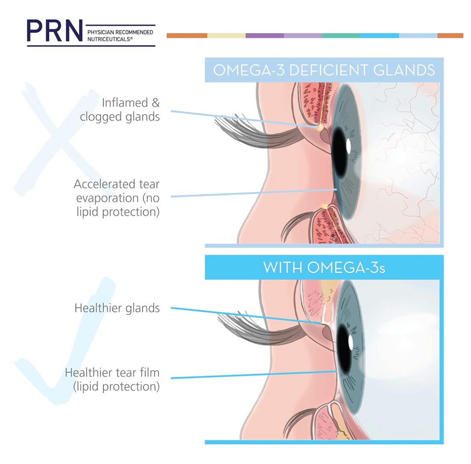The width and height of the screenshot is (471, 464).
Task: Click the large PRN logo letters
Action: point(55,30)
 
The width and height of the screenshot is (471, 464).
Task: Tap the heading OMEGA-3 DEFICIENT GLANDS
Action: point(324,70)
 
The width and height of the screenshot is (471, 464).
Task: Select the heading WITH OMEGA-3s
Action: point(324,267)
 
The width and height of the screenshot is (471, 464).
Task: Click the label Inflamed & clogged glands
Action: point(120,110)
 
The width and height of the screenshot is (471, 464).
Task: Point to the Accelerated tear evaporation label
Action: point(116,198)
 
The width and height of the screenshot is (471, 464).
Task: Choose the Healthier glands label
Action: point(117,308)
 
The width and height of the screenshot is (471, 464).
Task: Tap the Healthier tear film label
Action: point(112,380)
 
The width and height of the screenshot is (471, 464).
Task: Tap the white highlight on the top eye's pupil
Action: point(349,146)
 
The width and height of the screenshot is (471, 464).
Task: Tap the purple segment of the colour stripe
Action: point(264,35)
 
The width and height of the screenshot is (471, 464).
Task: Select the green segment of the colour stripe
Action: point(341,35)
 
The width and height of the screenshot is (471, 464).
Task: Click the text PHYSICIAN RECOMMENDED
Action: point(120,32)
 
